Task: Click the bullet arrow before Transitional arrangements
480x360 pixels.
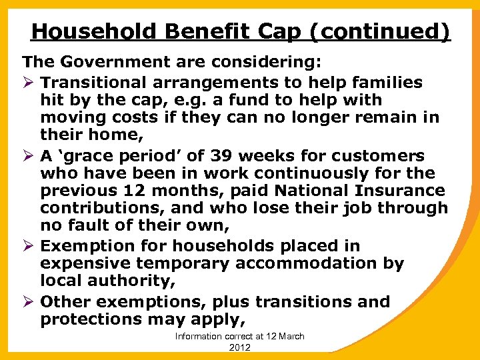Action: [29, 83]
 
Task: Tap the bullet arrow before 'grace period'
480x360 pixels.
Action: [29, 156]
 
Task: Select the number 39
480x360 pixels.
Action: [245, 156]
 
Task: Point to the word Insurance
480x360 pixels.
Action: [395, 191]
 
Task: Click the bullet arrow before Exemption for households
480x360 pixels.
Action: [29, 246]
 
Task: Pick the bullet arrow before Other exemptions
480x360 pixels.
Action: [29, 302]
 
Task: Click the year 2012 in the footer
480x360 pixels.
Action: [239, 347]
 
